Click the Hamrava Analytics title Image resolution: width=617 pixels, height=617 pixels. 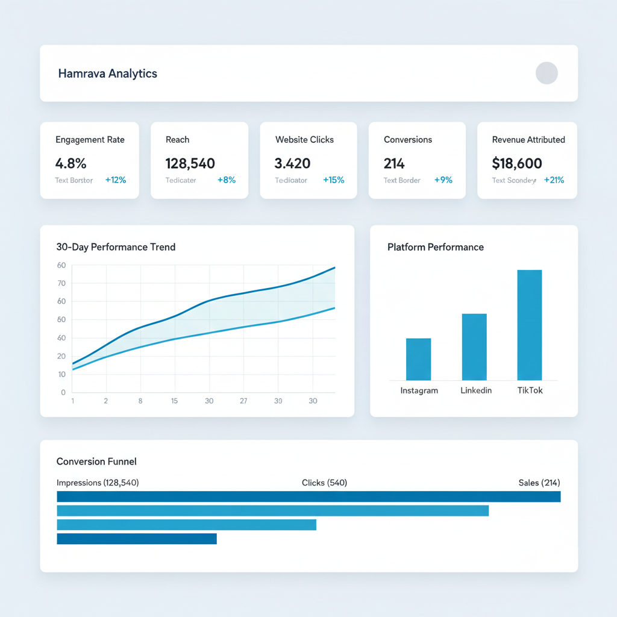pyautogui.click(x=107, y=74)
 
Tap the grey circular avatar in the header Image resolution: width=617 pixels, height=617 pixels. pyautogui.click(x=547, y=73)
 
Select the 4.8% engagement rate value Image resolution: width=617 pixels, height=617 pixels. pyautogui.click(x=70, y=163)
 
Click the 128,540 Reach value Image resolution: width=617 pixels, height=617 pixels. pyautogui.click(x=190, y=163)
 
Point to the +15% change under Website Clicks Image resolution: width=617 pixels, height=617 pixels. pyautogui.click(x=333, y=180)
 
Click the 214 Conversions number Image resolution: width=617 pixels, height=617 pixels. pyautogui.click(x=394, y=163)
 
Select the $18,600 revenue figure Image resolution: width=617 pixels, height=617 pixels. pyautogui.click(x=517, y=163)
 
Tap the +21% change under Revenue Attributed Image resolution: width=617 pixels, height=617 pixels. pyautogui.click(x=554, y=180)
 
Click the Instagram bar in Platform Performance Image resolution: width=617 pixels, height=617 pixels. pyautogui.click(x=418, y=359)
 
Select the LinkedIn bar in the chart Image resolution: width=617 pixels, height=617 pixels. pyautogui.click(x=474, y=347)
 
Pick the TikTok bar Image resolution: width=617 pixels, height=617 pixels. pyautogui.click(x=529, y=325)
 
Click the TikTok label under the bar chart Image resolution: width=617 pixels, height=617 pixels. pyautogui.click(x=530, y=390)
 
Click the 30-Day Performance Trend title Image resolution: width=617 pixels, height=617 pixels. pyautogui.click(x=116, y=247)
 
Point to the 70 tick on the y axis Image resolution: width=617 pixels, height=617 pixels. pyautogui.click(x=61, y=283)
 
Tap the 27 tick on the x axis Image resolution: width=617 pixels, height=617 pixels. pyautogui.click(x=243, y=401)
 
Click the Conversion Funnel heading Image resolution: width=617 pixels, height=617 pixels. pyautogui.click(x=96, y=462)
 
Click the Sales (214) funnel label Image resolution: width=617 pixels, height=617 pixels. pyautogui.click(x=539, y=483)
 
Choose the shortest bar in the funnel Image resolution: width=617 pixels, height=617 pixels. pyautogui.click(x=136, y=539)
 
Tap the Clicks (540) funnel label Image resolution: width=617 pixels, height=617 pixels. pyautogui.click(x=324, y=483)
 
